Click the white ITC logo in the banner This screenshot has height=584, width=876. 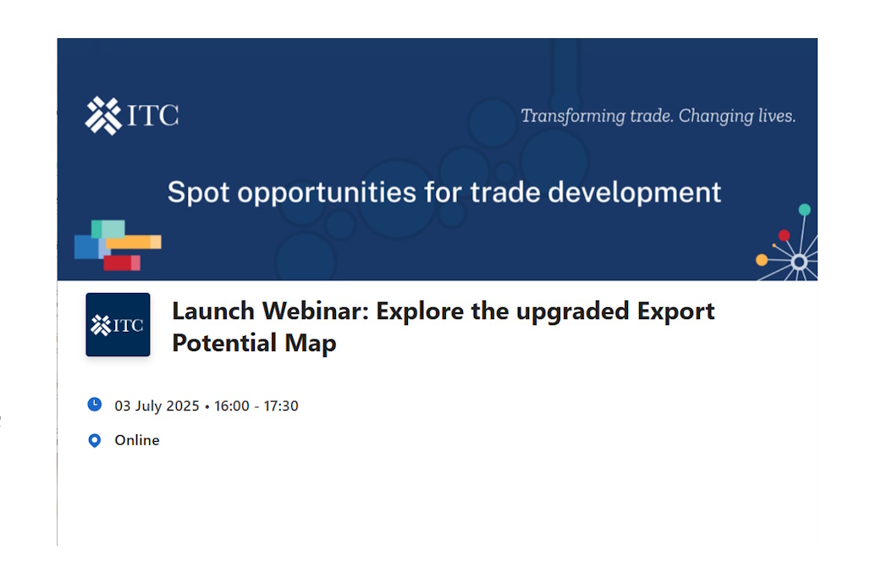pos(132,116)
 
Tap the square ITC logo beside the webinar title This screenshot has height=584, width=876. pos(118,325)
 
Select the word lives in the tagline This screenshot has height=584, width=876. pos(777,116)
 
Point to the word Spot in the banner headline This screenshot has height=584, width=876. pos(198,193)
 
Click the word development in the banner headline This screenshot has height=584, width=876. pos(635,193)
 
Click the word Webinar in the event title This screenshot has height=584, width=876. pos(315,311)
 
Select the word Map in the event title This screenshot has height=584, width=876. pos(311,344)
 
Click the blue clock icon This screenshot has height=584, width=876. pos(95,404)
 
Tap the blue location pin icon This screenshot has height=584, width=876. pos(95,441)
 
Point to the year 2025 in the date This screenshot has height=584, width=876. pos(183,405)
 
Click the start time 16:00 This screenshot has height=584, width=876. pos(232,405)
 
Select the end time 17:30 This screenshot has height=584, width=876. pos(281,405)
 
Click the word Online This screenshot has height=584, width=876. pos(137,440)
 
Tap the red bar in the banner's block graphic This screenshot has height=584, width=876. pos(122,262)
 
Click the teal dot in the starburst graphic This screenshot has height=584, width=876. pos(805,210)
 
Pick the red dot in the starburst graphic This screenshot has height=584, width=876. pos(785,235)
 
